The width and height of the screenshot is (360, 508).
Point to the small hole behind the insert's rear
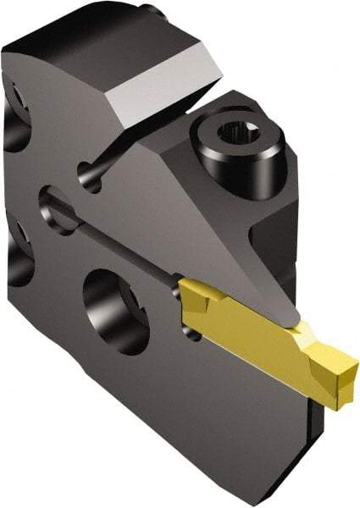click(x=194, y=334)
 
